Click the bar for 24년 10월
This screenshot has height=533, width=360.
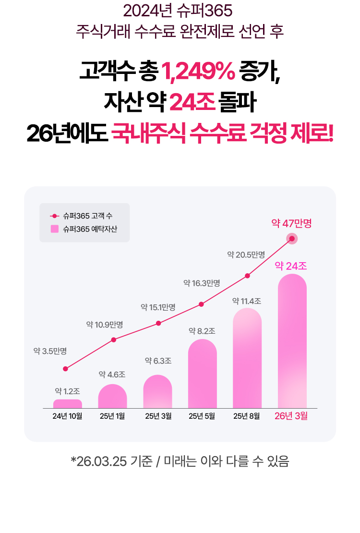[68, 403]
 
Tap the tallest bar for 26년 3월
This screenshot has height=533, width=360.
[292, 341]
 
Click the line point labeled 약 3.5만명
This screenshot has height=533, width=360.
[65, 369]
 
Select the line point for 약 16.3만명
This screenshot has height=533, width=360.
[201, 304]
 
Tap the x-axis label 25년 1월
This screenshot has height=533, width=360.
[112, 416]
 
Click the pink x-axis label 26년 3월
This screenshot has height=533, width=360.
[291, 416]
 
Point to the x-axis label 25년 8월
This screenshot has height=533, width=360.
[247, 416]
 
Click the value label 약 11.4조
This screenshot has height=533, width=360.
[247, 301]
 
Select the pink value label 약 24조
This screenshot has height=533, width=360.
[291, 266]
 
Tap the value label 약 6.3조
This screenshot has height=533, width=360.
[158, 361]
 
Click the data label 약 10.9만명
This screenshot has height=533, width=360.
[104, 325]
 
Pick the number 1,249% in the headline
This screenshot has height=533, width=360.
[198, 73]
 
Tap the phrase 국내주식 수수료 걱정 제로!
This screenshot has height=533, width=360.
[222, 132]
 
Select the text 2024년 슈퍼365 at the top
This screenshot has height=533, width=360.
[180, 10]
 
